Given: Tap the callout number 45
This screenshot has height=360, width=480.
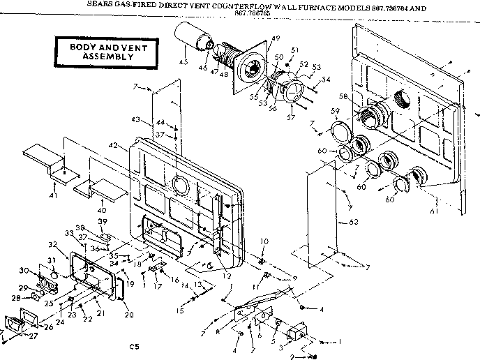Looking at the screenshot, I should tap(183, 61).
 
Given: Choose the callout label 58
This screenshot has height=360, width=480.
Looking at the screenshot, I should tap(343, 96).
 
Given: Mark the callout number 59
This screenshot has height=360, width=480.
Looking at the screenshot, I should tap(335, 112).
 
